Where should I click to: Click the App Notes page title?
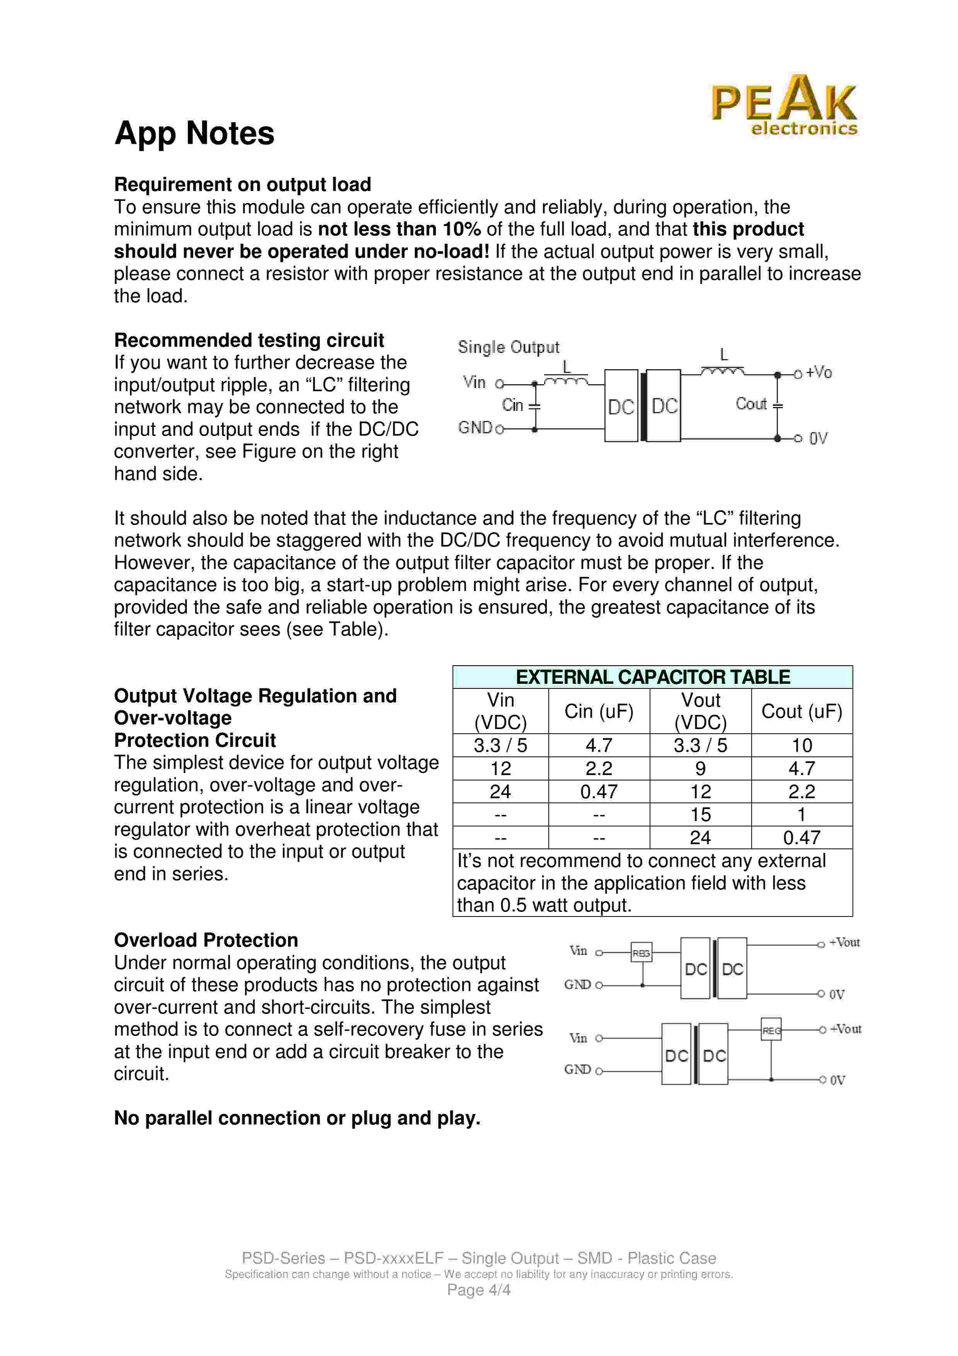(x=194, y=133)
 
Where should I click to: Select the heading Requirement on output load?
(x=243, y=184)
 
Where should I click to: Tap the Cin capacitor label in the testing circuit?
(x=512, y=405)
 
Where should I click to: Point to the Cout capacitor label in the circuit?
(x=751, y=404)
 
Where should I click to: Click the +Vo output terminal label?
(x=819, y=373)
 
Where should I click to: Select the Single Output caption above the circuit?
(x=508, y=347)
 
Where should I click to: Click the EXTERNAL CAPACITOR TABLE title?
(x=652, y=677)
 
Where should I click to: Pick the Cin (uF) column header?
(x=599, y=711)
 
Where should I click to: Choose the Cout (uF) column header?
(x=801, y=711)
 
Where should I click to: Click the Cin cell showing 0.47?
(x=599, y=791)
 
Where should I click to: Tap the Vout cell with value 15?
(x=700, y=814)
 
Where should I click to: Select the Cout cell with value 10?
(x=801, y=745)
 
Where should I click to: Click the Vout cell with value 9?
(x=700, y=768)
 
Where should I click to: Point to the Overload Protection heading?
(x=206, y=940)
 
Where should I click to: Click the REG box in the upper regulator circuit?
(x=641, y=952)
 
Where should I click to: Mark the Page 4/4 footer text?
(x=479, y=1290)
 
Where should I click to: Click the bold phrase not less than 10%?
(x=400, y=229)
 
